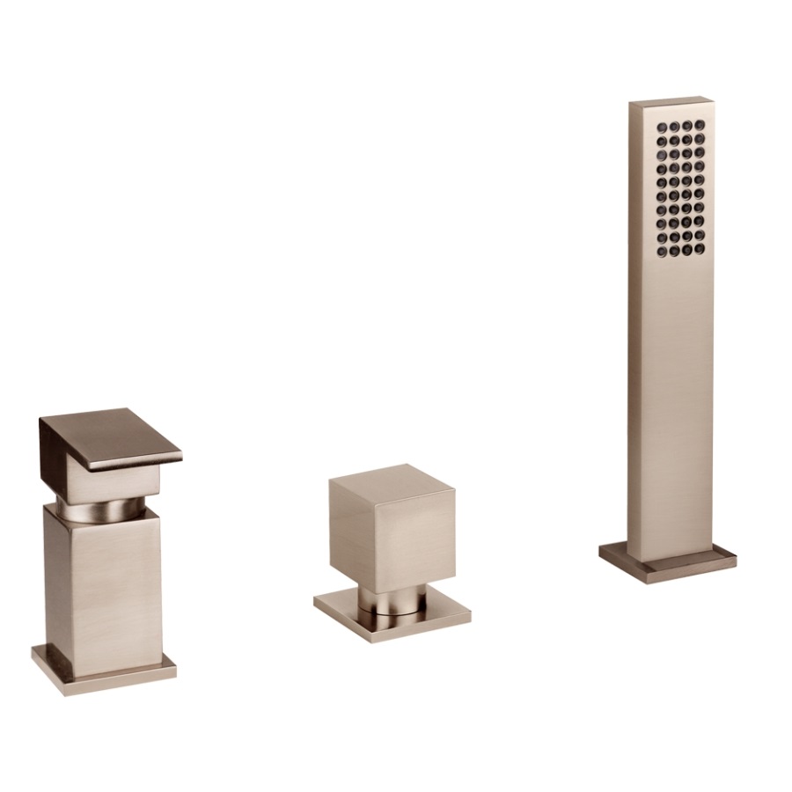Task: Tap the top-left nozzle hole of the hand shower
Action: [658, 126]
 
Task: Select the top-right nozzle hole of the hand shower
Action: [700, 126]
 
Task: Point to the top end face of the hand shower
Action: [671, 104]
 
